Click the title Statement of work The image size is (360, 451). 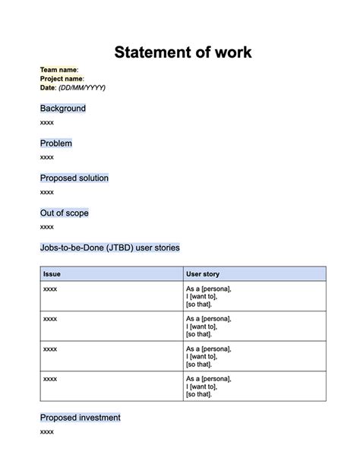click(182, 52)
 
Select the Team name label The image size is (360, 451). click(58, 70)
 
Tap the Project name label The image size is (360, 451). click(62, 79)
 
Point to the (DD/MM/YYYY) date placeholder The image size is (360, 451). click(82, 87)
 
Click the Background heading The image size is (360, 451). click(63, 109)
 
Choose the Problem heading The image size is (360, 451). click(56, 143)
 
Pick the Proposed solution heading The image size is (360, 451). click(74, 178)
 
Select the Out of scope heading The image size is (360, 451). click(65, 213)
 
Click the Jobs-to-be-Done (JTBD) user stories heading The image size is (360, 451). click(110, 248)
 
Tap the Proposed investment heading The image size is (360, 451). click(81, 418)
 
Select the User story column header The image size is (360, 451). click(203, 273)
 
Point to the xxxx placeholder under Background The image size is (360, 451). click(47, 122)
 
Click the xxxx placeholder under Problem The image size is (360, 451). click(47, 157)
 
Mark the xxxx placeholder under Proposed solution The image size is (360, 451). click(47, 192)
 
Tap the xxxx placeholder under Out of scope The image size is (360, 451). click(47, 227)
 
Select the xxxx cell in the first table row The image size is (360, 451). click(50, 289)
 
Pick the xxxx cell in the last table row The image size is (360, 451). click(50, 378)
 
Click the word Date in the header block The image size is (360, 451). click(48, 87)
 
